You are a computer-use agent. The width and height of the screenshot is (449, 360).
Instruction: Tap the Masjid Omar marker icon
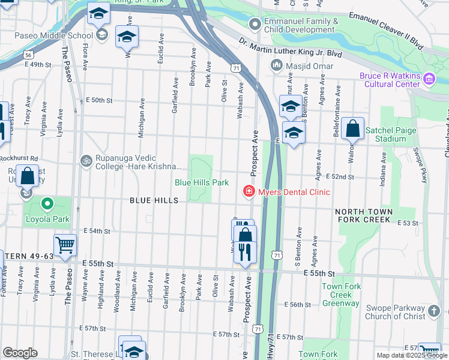point(277,65)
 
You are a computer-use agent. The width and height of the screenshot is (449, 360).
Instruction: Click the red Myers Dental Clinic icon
point(247,192)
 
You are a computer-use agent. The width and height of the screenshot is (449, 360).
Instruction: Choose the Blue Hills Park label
point(202,182)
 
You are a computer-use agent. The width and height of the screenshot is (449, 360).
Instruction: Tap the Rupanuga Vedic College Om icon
point(85,160)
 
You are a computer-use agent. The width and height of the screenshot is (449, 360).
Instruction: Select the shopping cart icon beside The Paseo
point(65,244)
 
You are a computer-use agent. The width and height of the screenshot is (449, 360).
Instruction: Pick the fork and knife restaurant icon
point(244,251)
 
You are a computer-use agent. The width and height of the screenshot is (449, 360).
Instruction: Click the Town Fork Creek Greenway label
point(342,295)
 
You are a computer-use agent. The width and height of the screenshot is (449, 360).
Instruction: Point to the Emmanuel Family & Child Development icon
point(255,25)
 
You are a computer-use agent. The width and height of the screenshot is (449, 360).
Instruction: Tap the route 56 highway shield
point(29,55)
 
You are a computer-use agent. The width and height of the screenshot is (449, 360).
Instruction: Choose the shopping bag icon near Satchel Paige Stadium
point(353,128)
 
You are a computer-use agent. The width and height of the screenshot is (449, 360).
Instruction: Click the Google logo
point(20,353)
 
